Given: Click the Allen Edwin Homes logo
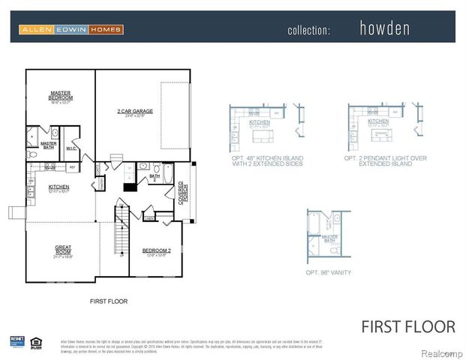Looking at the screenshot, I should pyautogui.click(x=71, y=29).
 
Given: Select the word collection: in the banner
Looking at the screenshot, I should pyautogui.click(x=308, y=30).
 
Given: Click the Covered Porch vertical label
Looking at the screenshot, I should pyautogui.click(x=182, y=192).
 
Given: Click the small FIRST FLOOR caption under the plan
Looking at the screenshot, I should pyautogui.click(x=108, y=301).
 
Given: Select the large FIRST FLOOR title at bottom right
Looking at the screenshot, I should pyautogui.click(x=408, y=326).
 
